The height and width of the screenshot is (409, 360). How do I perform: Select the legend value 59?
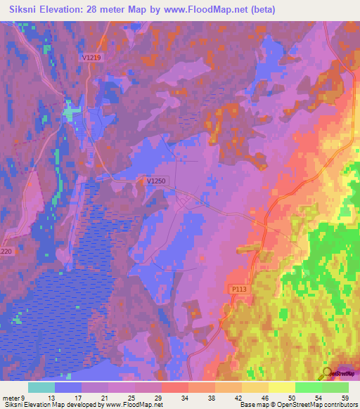pyautogui.click(x=345, y=398)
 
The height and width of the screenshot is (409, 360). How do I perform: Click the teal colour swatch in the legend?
pyautogui.click(x=41, y=387)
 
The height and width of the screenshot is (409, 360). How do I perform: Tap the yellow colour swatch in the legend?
pyautogui.click(x=282, y=387)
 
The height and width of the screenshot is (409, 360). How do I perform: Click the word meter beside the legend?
pyautogui.click(x=12, y=398)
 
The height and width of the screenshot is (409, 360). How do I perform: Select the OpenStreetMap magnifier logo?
pyautogui.click(x=328, y=373)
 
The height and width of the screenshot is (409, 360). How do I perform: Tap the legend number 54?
pyautogui.click(x=319, y=398)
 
